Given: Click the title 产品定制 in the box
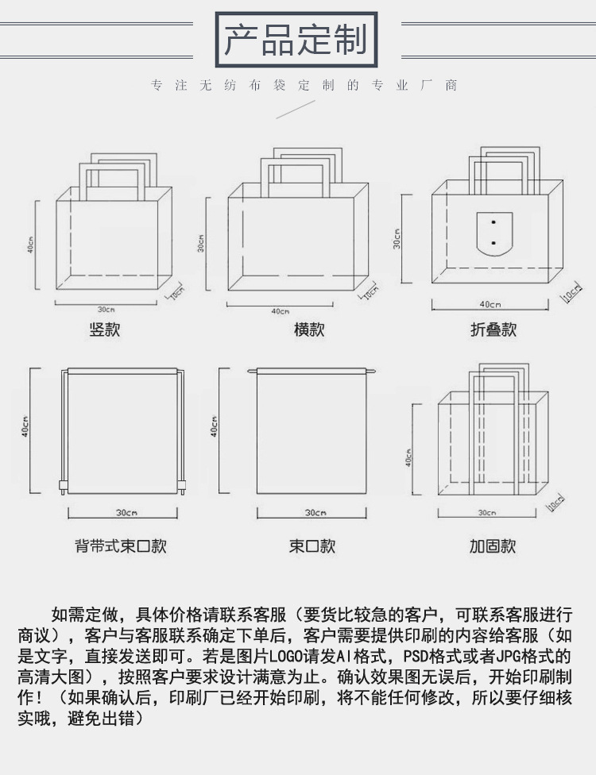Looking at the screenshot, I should point(295,39).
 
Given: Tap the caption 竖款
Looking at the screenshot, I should point(104,330).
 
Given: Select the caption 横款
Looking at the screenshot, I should point(309,330).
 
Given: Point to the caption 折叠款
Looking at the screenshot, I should point(493,330).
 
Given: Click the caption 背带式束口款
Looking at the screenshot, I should point(121,546).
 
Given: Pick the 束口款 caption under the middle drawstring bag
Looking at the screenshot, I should point(312,546).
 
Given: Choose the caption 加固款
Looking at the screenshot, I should point(493,546).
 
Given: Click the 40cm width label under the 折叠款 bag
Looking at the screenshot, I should point(490,305).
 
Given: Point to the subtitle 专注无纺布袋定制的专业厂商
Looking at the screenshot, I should point(304,86).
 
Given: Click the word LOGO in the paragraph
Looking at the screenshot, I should point(286,657).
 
